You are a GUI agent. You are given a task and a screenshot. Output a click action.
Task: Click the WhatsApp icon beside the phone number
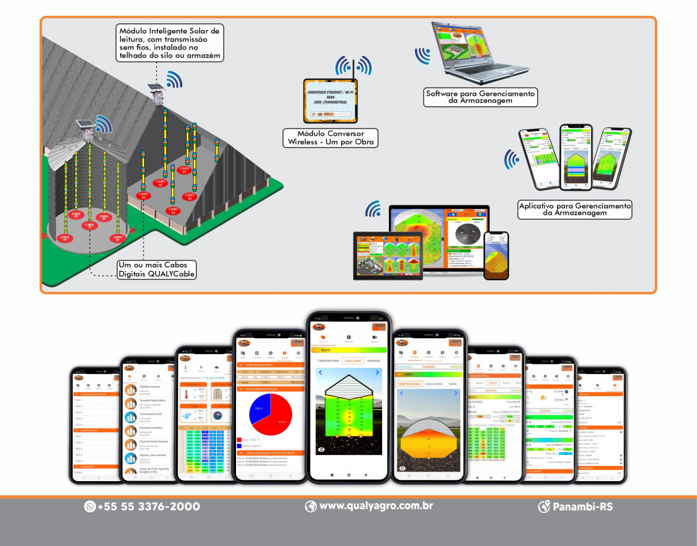(x=90, y=506)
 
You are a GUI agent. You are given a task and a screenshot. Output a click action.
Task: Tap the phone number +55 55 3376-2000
(x=148, y=506)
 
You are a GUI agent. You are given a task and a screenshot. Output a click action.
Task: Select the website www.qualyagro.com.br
(x=376, y=506)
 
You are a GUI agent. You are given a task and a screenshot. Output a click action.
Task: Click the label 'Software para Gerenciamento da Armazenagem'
(x=481, y=97)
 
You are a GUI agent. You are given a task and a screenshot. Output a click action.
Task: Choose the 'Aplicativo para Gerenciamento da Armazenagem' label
(x=574, y=209)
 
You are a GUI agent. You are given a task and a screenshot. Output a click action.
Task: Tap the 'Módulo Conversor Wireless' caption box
(x=330, y=138)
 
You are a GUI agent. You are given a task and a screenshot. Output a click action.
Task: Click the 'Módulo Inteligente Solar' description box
(x=171, y=43)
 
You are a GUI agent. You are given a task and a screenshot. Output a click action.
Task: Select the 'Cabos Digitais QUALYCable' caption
(x=157, y=270)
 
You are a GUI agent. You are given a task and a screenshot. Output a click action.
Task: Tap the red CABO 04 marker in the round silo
(x=64, y=238)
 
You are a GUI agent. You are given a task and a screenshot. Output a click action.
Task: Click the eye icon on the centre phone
(x=321, y=449)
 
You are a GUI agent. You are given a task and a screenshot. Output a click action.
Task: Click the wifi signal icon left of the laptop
(x=422, y=56)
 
